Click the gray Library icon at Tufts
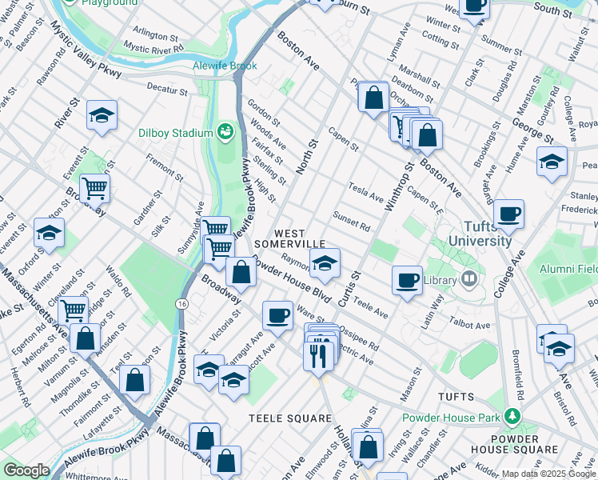tap(469, 280)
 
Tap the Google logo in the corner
tap(26, 470)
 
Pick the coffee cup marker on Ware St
tap(277, 314)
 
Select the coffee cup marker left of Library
tap(408, 280)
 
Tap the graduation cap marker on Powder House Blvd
tap(325, 262)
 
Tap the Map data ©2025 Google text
tap(548, 474)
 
